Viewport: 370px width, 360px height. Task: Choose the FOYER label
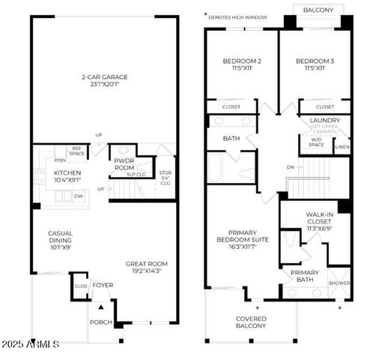coord(103,285)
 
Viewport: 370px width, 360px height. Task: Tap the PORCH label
coord(100,322)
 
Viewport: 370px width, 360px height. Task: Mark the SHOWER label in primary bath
coord(339,283)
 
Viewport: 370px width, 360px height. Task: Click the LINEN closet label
coord(342,148)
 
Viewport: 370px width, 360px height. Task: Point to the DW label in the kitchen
coord(79,196)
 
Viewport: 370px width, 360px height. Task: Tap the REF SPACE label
coord(76,151)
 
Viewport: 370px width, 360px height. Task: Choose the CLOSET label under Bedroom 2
coord(231,107)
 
